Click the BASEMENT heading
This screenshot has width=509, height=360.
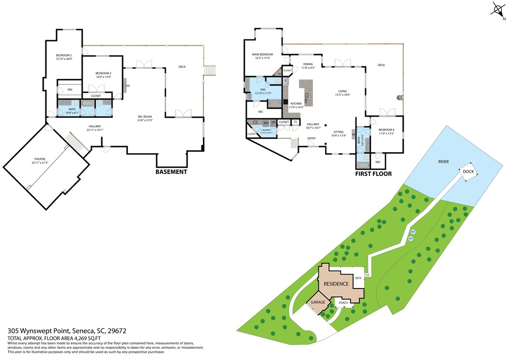click(171, 172)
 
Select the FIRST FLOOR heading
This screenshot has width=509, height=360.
click(373, 174)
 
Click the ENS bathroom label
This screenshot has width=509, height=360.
click(263, 90)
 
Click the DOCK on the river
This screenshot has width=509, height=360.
click(468, 172)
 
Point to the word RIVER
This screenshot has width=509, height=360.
click(443, 161)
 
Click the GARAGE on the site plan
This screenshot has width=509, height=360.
click(318, 302)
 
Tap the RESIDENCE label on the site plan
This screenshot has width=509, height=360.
click(336, 284)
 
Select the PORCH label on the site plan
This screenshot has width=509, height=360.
click(343, 303)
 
